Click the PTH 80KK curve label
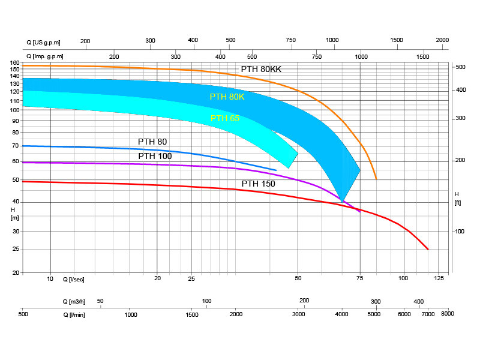tap(261, 69)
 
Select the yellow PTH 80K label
tap(227, 97)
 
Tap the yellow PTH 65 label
tap(225, 118)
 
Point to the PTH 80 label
tap(152, 142)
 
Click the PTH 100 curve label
tap(155, 156)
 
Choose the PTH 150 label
tap(258, 184)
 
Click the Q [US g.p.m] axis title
tap(44, 41)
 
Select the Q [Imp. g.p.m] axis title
tap(45, 56)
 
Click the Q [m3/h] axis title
tap(74, 301)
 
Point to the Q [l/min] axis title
tap(74, 314)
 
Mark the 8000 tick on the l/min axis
tap(447, 314)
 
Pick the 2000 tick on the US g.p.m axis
tap(442, 40)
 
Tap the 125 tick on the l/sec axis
tap(439, 278)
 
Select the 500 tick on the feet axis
tap(460, 67)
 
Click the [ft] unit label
tap(458, 203)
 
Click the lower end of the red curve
tap(428, 249)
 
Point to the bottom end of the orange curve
tap(376, 179)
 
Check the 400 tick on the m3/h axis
tap(419, 301)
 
